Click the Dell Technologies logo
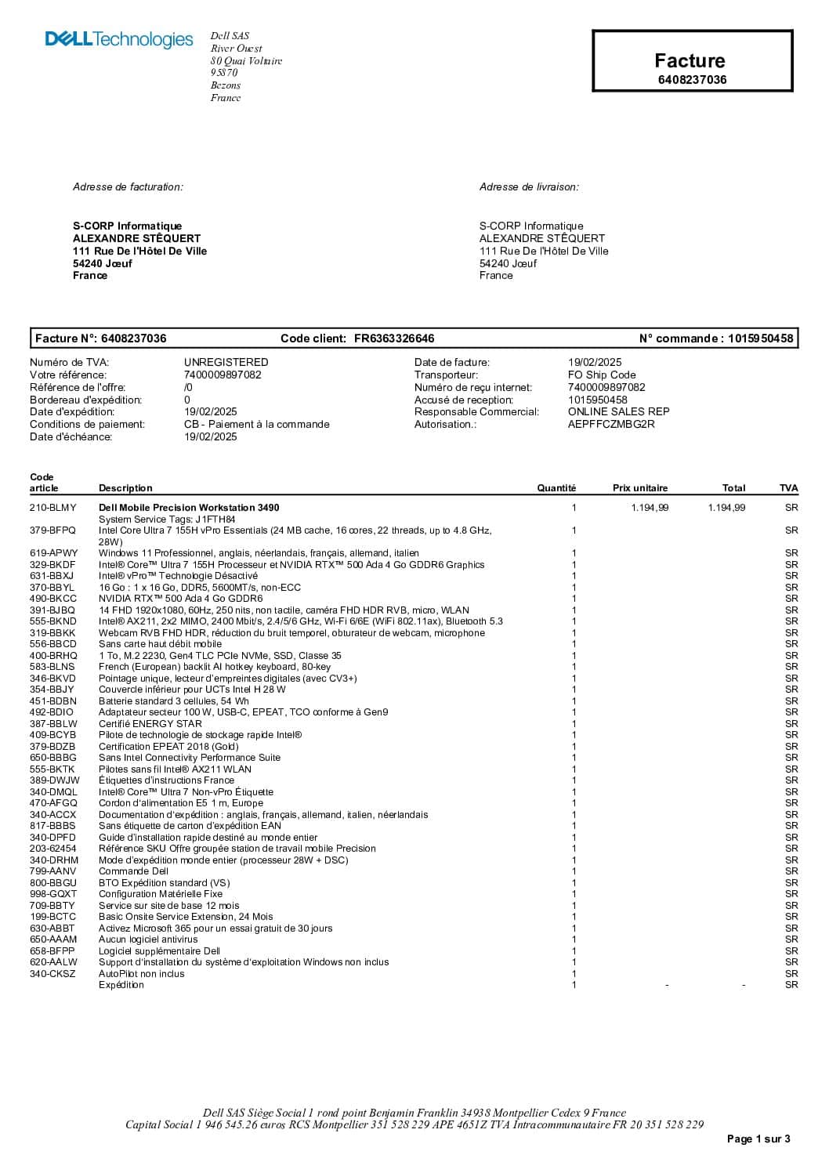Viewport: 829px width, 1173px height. (x=119, y=39)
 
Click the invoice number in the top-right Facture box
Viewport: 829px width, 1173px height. (x=691, y=79)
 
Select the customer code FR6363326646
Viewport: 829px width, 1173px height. (x=393, y=339)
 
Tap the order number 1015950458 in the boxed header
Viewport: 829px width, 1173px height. (x=760, y=339)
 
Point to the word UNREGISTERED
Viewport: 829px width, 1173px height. (x=226, y=362)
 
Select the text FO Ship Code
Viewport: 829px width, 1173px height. (x=602, y=375)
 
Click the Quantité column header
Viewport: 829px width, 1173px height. (x=556, y=487)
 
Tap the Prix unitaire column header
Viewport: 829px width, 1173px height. (x=640, y=487)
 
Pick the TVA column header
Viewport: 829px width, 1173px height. (x=788, y=487)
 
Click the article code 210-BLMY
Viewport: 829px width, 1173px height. (x=53, y=508)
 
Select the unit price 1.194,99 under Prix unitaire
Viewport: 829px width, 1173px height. (x=650, y=508)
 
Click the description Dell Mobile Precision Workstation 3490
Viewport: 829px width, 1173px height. (x=189, y=508)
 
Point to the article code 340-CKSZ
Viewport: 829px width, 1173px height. (x=52, y=973)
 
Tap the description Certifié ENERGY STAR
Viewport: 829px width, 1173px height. (x=150, y=723)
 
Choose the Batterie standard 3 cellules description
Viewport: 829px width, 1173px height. (x=174, y=701)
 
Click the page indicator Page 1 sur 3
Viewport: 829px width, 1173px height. (x=758, y=1139)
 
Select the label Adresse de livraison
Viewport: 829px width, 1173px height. (x=529, y=186)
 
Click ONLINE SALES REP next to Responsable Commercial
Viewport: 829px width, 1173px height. (x=618, y=411)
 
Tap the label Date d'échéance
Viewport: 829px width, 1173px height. (x=71, y=436)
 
